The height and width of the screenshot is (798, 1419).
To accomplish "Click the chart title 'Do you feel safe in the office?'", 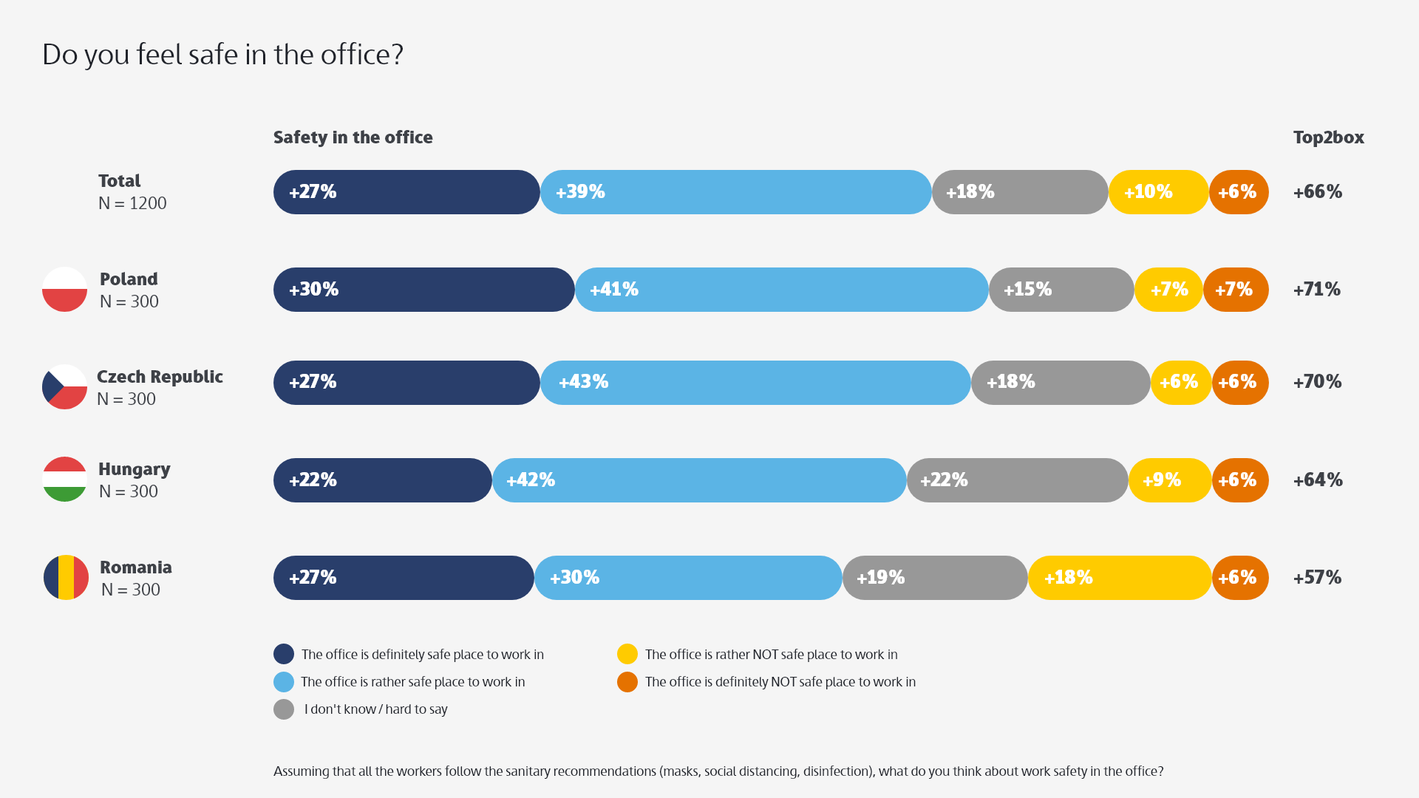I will point(222,55).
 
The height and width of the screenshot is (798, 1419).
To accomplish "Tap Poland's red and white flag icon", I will point(65,290).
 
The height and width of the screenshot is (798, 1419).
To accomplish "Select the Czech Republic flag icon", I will point(65,386).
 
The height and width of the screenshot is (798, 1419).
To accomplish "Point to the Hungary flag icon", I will point(65,480).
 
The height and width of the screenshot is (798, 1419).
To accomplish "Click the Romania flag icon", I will point(66,577).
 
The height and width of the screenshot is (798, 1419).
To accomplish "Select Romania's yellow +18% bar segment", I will point(1120,578).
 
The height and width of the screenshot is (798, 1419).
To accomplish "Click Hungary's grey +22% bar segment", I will point(1018,480).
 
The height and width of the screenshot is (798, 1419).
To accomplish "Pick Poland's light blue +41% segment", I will point(781,290).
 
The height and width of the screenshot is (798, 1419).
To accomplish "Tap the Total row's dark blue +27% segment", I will point(406,192).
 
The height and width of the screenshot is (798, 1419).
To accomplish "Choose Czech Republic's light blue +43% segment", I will point(755,383).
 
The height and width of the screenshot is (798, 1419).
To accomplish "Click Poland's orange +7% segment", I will point(1236,290).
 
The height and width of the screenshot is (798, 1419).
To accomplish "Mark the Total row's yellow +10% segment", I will point(1158,192).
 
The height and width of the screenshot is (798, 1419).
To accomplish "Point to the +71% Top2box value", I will point(1317,290).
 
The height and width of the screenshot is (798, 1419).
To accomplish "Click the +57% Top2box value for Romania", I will point(1317,578).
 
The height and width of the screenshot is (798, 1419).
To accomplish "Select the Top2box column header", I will point(1328,137).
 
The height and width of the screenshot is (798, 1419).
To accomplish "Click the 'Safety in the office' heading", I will point(353,137).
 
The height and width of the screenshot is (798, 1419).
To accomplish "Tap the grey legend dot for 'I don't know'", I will point(284,709).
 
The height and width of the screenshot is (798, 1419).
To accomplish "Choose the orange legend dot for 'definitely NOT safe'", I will point(627,682).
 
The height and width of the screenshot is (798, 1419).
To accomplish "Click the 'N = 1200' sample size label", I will point(133,203).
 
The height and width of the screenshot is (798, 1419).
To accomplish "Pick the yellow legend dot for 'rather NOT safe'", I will point(627,654).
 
